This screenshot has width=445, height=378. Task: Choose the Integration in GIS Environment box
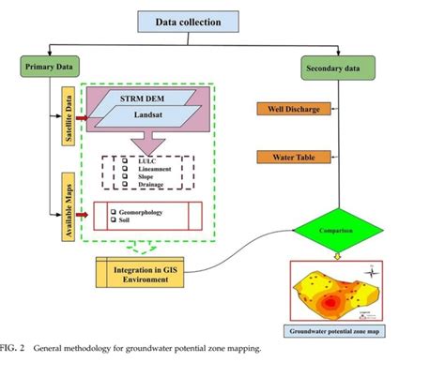coord(145,270)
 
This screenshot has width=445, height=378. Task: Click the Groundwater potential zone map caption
coord(334,332)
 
